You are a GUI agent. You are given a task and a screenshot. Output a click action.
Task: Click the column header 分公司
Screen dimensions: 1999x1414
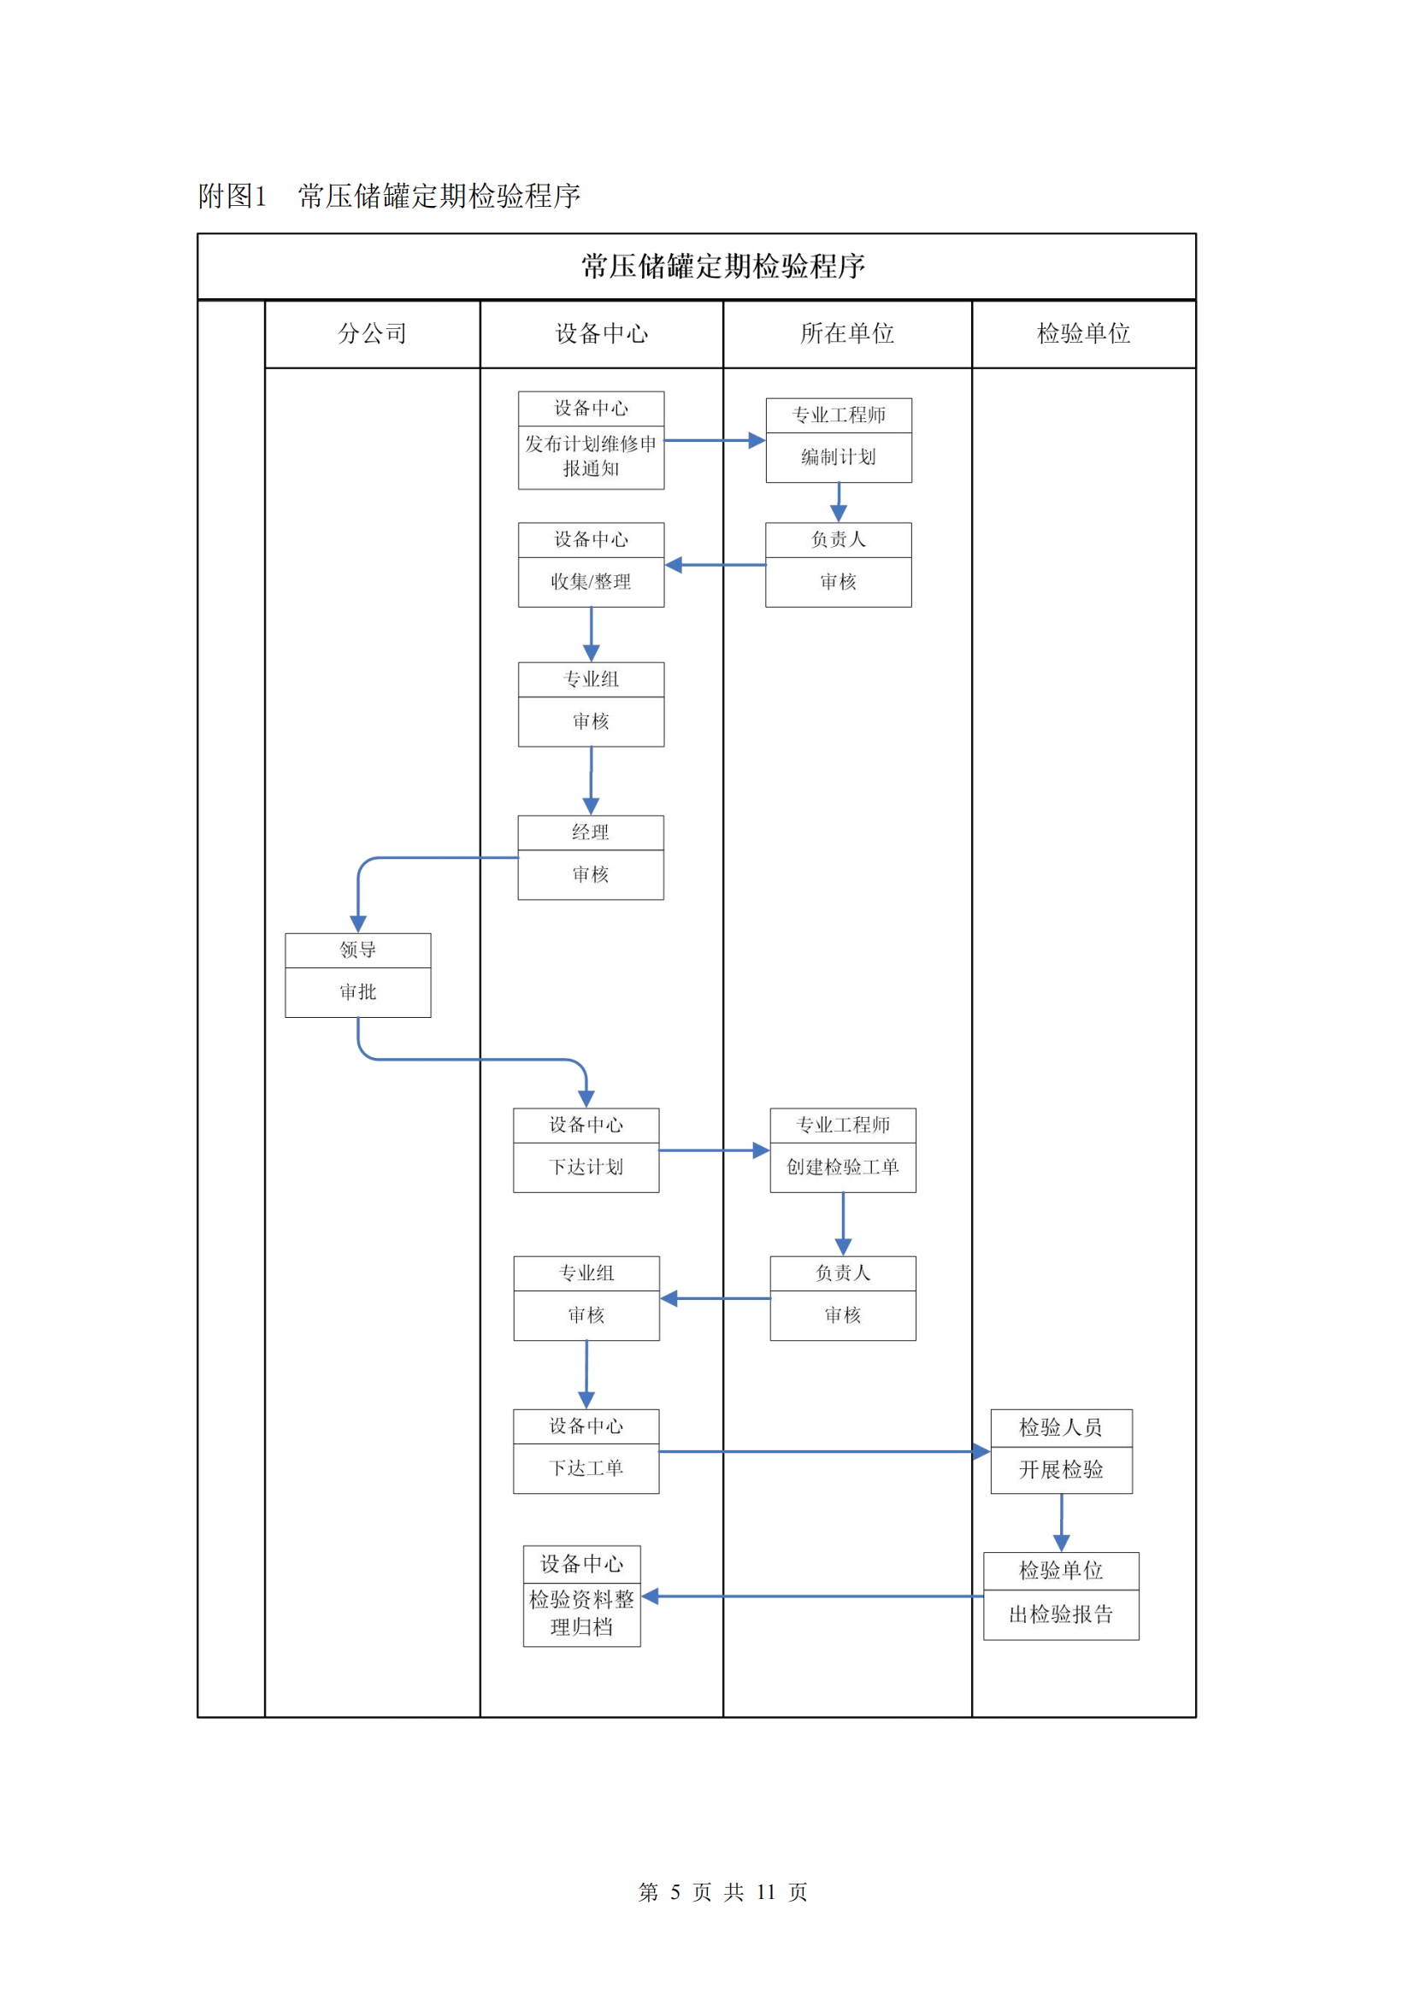pyautogui.click(x=372, y=333)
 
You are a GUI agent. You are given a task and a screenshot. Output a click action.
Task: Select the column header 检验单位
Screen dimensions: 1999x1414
pyautogui.click(x=1083, y=333)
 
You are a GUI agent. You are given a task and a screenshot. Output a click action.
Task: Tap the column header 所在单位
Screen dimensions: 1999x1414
pyautogui.click(x=846, y=333)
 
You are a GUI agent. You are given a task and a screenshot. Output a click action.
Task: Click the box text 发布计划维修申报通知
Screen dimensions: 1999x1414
pyautogui.click(x=591, y=456)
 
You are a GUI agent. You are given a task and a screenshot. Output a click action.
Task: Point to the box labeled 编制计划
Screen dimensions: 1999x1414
pyautogui.click(x=839, y=457)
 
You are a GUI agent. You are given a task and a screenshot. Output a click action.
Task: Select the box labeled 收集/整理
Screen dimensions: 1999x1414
pyautogui.click(x=591, y=582)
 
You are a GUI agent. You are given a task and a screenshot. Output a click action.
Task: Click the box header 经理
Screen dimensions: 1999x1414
pyautogui.click(x=591, y=832)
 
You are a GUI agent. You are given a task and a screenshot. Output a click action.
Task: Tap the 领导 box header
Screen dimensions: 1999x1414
pyautogui.click(x=358, y=950)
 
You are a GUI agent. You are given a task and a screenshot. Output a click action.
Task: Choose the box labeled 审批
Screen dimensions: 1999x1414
pyautogui.click(x=358, y=991)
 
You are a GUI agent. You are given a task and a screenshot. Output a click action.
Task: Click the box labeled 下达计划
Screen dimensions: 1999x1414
pyautogui.click(x=586, y=1167)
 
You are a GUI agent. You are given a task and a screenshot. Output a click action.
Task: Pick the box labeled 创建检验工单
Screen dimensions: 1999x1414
pyautogui.click(x=843, y=1167)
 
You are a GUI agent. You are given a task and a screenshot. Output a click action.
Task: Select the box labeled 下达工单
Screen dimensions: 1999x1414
pyautogui.click(x=586, y=1468)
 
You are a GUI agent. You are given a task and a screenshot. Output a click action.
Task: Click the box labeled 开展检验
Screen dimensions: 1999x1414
pyautogui.click(x=1062, y=1470)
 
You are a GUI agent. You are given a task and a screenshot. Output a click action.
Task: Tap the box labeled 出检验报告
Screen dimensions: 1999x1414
pyautogui.click(x=1062, y=1614)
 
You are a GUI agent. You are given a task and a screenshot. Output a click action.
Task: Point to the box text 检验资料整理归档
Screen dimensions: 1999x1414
pyautogui.click(x=581, y=1613)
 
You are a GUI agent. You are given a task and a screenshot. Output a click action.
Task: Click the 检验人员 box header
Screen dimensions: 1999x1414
pyautogui.click(x=1062, y=1427)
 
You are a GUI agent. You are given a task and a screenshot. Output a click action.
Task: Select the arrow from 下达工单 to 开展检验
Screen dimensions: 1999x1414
pyautogui.click(x=818, y=1451)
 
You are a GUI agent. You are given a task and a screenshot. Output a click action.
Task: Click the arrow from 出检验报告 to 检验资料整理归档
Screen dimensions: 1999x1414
pyautogui.click(x=818, y=1596)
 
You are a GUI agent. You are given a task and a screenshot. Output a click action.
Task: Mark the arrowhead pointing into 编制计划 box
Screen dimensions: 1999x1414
pyautogui.click(x=757, y=440)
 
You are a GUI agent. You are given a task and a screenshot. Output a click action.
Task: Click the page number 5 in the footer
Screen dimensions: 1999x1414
pyautogui.click(x=675, y=1891)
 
